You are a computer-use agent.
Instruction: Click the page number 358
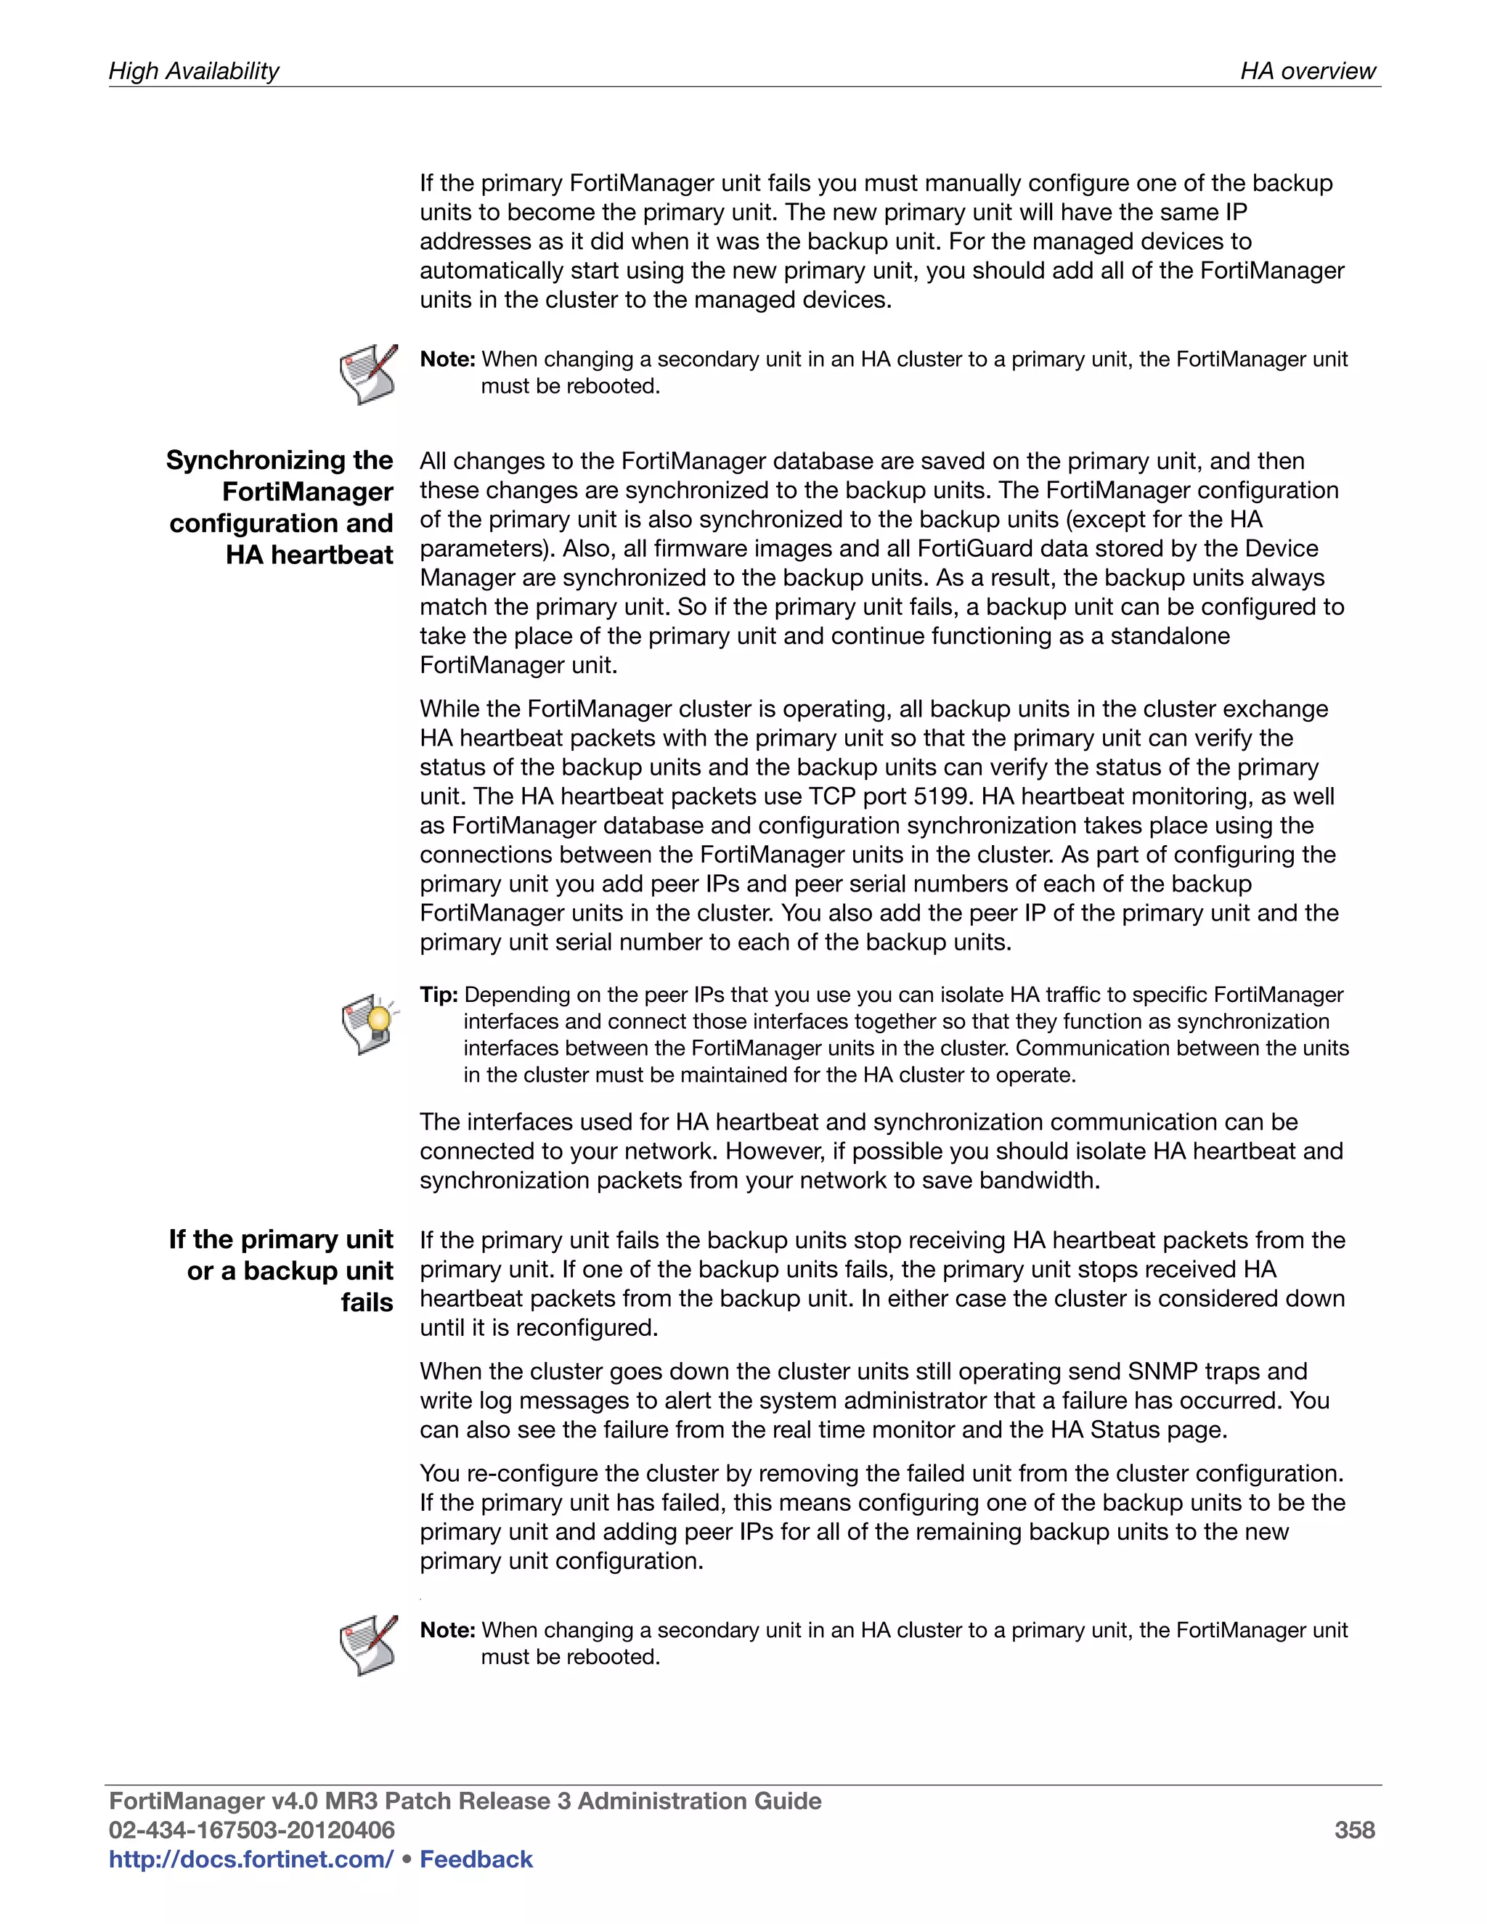point(1354,1830)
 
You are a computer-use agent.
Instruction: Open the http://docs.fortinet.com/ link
point(250,1859)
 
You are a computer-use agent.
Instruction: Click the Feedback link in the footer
point(476,1859)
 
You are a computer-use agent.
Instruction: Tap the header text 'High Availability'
point(194,70)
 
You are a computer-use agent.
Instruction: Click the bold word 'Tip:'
point(439,995)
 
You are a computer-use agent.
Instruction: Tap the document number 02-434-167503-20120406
point(251,1830)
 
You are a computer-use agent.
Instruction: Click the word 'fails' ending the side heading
point(367,1303)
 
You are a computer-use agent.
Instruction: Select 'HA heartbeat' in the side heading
point(309,555)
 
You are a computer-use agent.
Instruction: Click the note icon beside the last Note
point(368,1644)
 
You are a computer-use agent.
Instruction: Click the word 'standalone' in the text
point(1170,636)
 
